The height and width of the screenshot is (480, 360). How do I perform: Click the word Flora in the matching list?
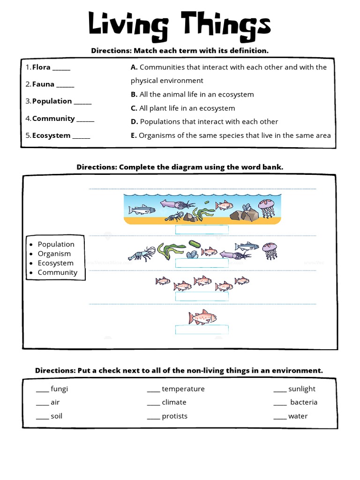click(x=41, y=67)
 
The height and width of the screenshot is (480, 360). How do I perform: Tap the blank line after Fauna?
click(x=65, y=85)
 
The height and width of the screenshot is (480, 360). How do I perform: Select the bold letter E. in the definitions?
click(x=134, y=135)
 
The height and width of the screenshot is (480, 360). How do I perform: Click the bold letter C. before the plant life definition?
click(x=134, y=108)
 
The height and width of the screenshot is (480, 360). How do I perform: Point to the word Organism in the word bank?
click(x=54, y=254)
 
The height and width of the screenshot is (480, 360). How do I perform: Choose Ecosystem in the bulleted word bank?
click(x=56, y=263)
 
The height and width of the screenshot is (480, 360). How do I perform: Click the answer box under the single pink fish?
click(x=202, y=330)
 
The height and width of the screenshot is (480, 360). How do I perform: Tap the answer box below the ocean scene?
click(x=202, y=229)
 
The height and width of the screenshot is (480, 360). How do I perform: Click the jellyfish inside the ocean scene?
click(x=267, y=207)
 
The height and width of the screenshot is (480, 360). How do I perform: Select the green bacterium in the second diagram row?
click(x=194, y=244)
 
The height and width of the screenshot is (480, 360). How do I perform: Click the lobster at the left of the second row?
click(x=142, y=254)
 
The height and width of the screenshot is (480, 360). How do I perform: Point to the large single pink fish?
click(x=202, y=317)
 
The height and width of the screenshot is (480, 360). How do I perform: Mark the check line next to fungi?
click(x=42, y=390)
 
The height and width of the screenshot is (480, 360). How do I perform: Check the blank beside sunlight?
click(x=280, y=390)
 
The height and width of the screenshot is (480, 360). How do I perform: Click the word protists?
click(x=174, y=416)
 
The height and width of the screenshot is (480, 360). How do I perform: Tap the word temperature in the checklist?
click(x=183, y=389)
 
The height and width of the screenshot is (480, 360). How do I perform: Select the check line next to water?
click(x=280, y=417)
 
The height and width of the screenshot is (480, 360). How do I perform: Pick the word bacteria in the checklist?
click(x=304, y=402)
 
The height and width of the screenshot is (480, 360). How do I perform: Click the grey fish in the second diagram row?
click(x=247, y=246)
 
